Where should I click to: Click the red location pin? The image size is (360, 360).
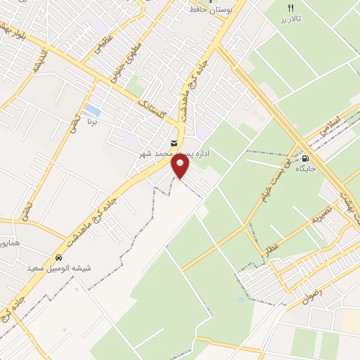click(x=181, y=166)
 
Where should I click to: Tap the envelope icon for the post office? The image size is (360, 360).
click(x=173, y=143)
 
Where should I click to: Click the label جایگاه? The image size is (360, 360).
click(x=305, y=169)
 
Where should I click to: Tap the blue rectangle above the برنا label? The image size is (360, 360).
click(x=91, y=110)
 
